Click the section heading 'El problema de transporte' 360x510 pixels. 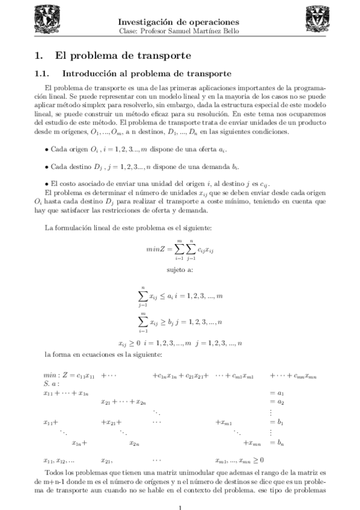[x=123, y=56]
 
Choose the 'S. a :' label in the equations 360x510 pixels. [x=52, y=383]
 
